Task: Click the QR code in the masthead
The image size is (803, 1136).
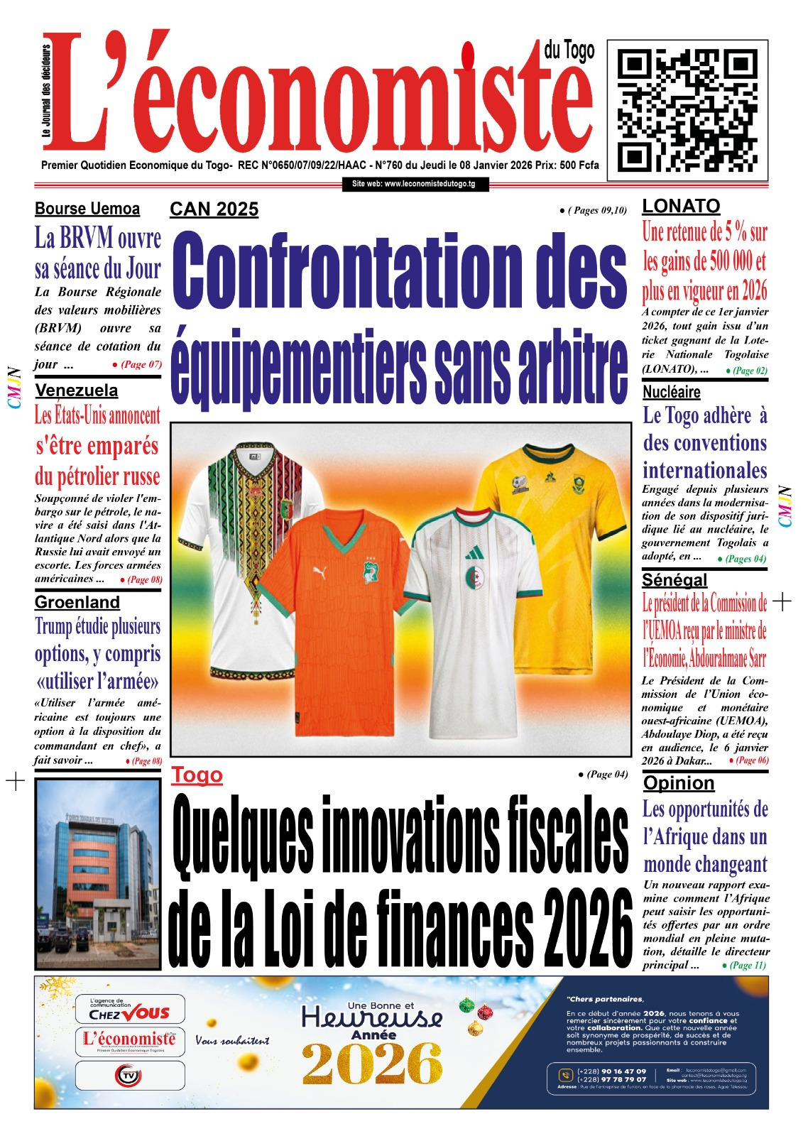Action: pyautogui.click(x=687, y=106)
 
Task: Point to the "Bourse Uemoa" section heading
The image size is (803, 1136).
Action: pyautogui.click(x=87, y=209)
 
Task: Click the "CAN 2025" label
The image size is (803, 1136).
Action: pyautogui.click(x=214, y=209)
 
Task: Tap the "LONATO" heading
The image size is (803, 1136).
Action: pyautogui.click(x=681, y=206)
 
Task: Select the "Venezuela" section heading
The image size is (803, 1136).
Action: pyautogui.click(x=77, y=390)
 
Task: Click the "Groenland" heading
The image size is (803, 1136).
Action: pyautogui.click(x=77, y=602)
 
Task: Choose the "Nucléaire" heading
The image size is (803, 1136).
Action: pyautogui.click(x=671, y=392)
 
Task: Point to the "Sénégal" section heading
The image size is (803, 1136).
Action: pyautogui.click(x=674, y=579)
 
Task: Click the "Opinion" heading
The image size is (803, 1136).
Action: pyautogui.click(x=679, y=782)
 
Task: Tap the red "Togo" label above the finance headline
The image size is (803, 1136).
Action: pyautogui.click(x=197, y=775)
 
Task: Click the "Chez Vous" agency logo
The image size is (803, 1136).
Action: pyautogui.click(x=130, y=1009)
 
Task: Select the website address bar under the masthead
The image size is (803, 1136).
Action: pyautogui.click(x=414, y=184)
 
